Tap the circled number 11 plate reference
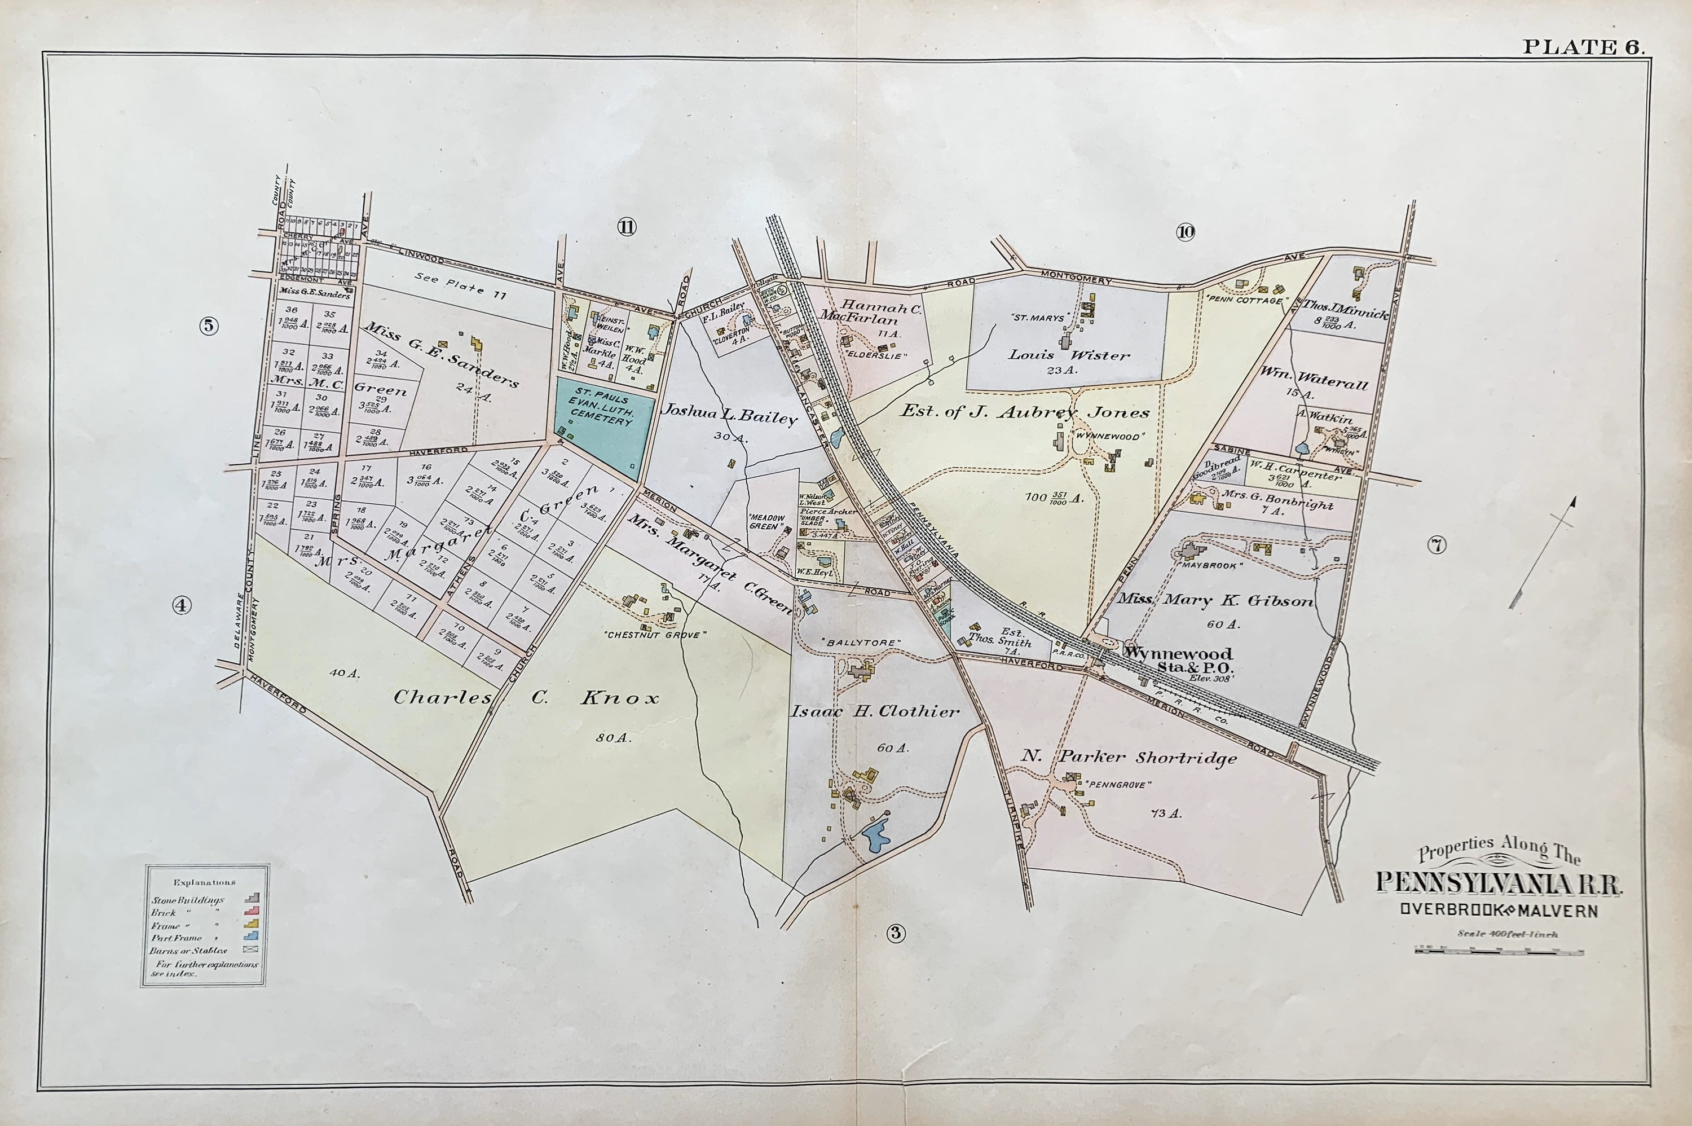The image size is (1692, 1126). [626, 228]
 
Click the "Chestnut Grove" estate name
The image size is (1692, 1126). [655, 635]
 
